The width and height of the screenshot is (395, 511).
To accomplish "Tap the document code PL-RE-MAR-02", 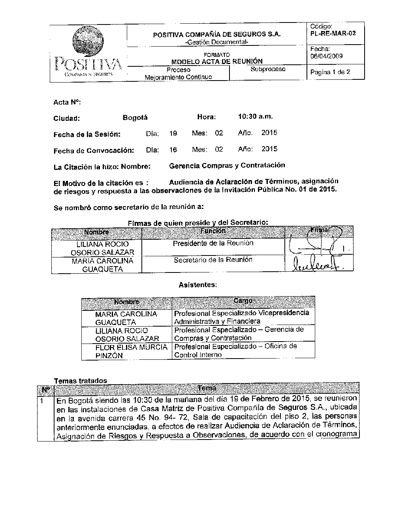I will [x=333, y=33].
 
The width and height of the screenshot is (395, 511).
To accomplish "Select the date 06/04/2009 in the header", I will [x=326, y=56].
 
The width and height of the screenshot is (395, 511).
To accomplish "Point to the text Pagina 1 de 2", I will [x=330, y=72].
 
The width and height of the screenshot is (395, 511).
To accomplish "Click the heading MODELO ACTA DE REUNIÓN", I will [x=217, y=61].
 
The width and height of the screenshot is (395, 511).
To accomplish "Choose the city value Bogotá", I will [x=135, y=118].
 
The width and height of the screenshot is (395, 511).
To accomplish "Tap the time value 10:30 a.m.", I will [x=255, y=116].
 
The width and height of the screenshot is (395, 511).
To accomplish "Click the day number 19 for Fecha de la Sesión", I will [x=173, y=133].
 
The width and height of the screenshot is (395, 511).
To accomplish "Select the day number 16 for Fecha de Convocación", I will [x=173, y=150].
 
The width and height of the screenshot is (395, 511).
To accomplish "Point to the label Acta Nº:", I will [x=67, y=102].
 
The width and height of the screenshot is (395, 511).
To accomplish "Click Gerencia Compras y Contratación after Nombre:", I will [x=227, y=165].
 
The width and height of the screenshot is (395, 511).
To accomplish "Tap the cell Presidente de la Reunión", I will [x=213, y=243].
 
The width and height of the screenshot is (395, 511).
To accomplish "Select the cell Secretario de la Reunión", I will [x=213, y=259].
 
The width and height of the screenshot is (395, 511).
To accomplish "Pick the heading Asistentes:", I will [x=197, y=285].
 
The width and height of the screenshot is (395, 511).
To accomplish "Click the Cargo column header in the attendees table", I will [x=243, y=301].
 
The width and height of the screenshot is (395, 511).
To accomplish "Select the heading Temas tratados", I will [x=80, y=381].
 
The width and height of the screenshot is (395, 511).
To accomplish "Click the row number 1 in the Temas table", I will [x=42, y=400].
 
